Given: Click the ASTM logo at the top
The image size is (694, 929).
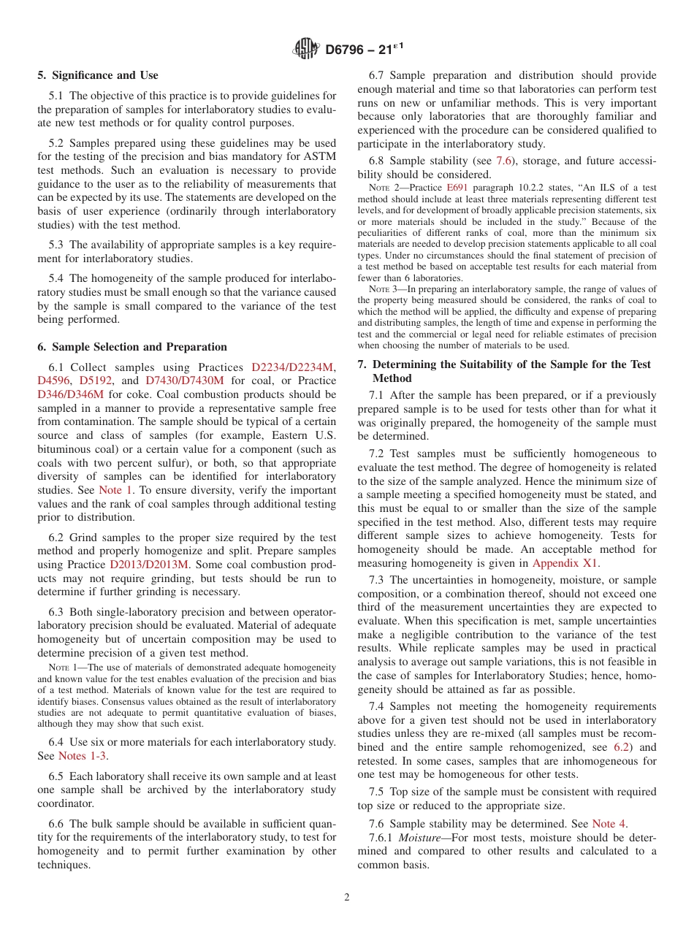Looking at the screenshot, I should click(x=305, y=50).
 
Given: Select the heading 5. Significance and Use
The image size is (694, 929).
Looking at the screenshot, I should click(x=97, y=75).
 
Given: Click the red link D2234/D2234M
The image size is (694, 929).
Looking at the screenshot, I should click(x=291, y=367).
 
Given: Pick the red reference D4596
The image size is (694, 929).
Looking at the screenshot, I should click(x=55, y=381).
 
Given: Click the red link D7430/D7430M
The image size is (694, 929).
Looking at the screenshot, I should click(x=185, y=381).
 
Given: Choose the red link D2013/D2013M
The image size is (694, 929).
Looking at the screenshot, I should click(x=149, y=565).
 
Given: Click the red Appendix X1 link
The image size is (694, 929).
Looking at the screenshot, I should click(x=565, y=563).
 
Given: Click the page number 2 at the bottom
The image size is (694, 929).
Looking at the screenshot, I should click(x=347, y=898).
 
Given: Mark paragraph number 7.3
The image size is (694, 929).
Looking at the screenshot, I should click(x=377, y=580).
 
